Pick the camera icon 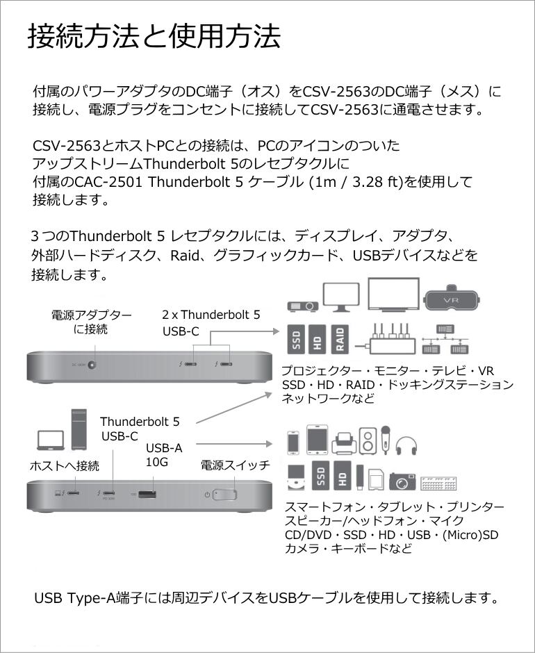click(402, 481)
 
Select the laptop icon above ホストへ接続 click(49, 440)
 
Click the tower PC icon click(79, 429)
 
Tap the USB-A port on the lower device click(147, 495)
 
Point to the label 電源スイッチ click(235, 465)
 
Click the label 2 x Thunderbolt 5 click(211, 315)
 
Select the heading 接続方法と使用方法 click(154, 36)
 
